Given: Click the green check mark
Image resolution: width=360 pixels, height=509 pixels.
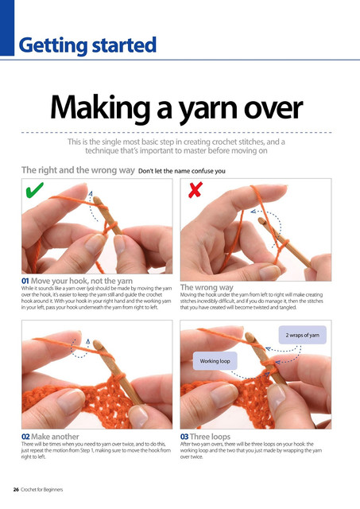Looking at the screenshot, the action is pyautogui.click(x=34, y=190).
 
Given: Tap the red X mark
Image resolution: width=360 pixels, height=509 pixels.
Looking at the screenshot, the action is pyautogui.click(x=195, y=190).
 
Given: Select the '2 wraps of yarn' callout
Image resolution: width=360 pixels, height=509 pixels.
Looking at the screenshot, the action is pyautogui.click(x=302, y=335).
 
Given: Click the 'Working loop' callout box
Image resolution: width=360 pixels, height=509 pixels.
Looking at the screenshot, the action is pyautogui.click(x=215, y=361).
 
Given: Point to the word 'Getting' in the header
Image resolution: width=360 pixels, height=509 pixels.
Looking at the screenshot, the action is pyautogui.click(x=53, y=46).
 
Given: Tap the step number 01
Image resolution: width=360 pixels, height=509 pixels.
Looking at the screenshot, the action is pyautogui.click(x=25, y=281).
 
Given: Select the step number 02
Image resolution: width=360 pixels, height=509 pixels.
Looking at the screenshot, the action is pyautogui.click(x=25, y=437).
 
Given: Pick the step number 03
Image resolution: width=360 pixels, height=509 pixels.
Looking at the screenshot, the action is pyautogui.click(x=184, y=437).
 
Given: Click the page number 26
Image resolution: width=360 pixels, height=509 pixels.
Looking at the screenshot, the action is pyautogui.click(x=16, y=490).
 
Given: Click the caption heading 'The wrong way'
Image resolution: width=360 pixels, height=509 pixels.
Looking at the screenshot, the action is pyautogui.click(x=207, y=287).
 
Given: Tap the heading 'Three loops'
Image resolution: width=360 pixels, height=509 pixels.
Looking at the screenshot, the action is pyautogui.click(x=210, y=437).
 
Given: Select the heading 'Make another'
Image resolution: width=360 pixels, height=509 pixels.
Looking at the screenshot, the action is pyautogui.click(x=55, y=437).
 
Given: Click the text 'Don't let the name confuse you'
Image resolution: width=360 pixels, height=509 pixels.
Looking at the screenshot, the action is pyautogui.click(x=182, y=171).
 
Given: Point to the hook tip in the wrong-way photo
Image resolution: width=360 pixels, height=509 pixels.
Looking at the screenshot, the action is pyautogui.click(x=261, y=221).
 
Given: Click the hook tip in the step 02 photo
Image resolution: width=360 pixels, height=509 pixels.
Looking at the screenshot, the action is pyautogui.click(x=98, y=344).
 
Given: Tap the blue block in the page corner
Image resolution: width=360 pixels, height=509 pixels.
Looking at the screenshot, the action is pyautogui.click(x=7, y=28).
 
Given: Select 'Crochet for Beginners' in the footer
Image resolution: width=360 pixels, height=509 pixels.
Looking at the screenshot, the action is pyautogui.click(x=42, y=490).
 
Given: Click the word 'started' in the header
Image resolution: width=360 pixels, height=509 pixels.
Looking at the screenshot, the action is pyautogui.click(x=124, y=45).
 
